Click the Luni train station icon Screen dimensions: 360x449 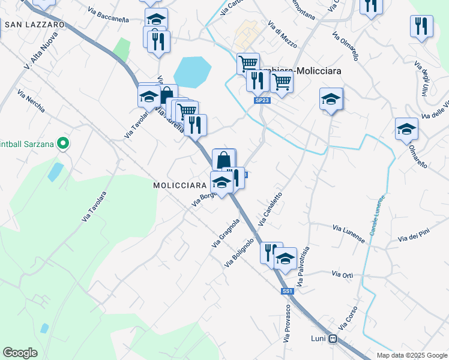point(333,338)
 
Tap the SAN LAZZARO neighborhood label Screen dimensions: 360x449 point(34,25)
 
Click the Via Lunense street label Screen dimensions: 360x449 point(349,233)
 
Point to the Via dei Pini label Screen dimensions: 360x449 point(414,236)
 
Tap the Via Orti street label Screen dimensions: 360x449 point(342,274)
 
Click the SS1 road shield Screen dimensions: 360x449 point(287,292)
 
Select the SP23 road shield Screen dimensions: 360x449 point(262,100)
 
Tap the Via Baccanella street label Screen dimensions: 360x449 point(108,14)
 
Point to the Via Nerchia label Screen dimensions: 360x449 point(31,101)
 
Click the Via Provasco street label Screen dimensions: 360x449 point(288,323)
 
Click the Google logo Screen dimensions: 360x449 point(20,353)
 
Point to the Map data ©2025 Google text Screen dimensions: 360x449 point(411,355)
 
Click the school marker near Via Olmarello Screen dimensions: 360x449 point(406,129)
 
